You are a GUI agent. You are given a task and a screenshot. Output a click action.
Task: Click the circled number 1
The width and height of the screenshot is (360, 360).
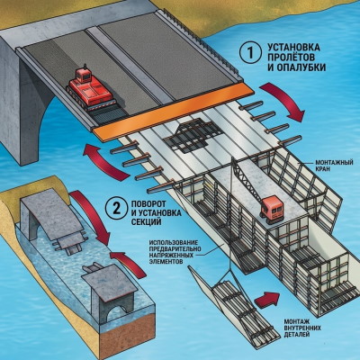(x=250, y=54)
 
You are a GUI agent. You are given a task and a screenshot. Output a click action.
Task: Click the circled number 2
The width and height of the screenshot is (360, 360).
(x=116, y=209)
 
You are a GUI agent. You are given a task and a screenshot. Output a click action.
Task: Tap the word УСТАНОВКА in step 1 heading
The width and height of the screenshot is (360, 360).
(x=293, y=48)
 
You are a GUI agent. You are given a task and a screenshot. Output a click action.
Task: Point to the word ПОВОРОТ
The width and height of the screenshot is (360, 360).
(x=148, y=204)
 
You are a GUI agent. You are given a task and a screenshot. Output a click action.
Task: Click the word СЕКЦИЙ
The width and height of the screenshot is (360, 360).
(x=147, y=222)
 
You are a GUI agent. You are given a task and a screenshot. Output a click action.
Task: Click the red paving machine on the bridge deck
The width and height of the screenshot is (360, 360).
(x=89, y=88)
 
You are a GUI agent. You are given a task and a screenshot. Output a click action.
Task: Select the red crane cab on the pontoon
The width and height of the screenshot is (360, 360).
(x=272, y=210)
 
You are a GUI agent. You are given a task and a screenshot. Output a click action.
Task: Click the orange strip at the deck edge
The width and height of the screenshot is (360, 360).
(x=174, y=111)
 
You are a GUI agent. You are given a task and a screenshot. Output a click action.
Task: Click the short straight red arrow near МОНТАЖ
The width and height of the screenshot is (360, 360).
(x=267, y=299)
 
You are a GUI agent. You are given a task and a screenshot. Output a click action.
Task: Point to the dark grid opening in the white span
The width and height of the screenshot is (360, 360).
(x=192, y=135)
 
